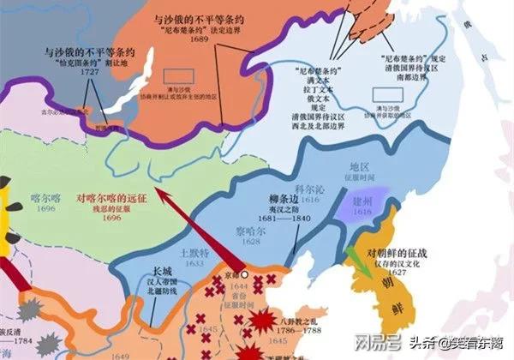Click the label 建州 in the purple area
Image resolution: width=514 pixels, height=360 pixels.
pos(362,197)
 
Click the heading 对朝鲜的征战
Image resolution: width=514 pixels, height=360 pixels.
pos(396,254)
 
